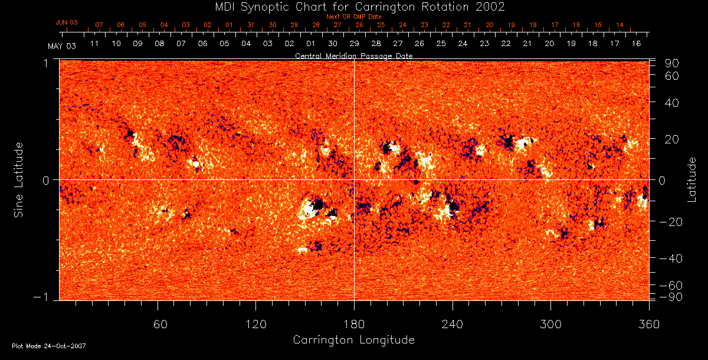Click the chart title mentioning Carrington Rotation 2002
point(353,7)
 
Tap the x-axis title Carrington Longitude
point(353,340)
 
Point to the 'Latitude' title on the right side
point(692,179)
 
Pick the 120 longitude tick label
point(256,324)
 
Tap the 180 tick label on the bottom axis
point(354,324)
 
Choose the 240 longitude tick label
point(453,324)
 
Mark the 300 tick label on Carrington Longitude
point(550,324)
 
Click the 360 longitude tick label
point(649,324)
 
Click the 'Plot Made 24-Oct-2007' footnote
point(49,346)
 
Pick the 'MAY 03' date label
point(62,45)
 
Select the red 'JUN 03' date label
point(67,22)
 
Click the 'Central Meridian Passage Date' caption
point(353,55)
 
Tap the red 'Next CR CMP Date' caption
point(353,17)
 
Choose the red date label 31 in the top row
point(251,25)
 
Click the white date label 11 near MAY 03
point(94,44)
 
